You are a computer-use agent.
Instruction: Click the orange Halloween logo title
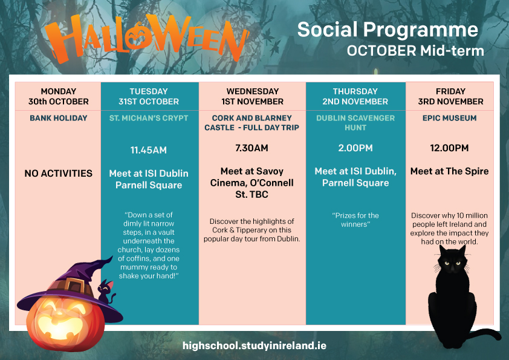pyautogui.click(x=147, y=38)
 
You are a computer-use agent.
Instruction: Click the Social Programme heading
pyautogui.click(x=387, y=30)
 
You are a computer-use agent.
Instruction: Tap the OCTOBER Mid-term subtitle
pyautogui.click(x=415, y=51)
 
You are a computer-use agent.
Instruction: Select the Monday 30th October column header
pyautogui.click(x=59, y=96)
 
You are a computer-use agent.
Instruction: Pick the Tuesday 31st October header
pyautogui.click(x=149, y=96)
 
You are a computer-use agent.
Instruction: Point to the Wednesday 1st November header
pyautogui.click(x=252, y=96)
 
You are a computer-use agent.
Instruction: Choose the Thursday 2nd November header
pyautogui.click(x=355, y=96)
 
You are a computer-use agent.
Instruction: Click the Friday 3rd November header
pyautogui.click(x=450, y=96)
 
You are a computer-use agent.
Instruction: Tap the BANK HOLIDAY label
pyautogui.click(x=59, y=118)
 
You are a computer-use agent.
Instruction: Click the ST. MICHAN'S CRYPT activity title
pyautogui.click(x=149, y=118)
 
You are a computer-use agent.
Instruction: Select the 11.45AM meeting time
pyautogui.click(x=149, y=150)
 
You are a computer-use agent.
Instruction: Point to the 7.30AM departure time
pyautogui.click(x=252, y=148)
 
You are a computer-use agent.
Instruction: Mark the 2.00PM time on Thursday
pyautogui.click(x=355, y=148)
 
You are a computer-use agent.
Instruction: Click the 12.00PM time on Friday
pyautogui.click(x=450, y=148)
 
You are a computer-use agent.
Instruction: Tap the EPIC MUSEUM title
pyautogui.click(x=450, y=118)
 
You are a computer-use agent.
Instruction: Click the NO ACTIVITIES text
pyautogui.click(x=59, y=174)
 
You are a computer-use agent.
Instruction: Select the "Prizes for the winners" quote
pyautogui.click(x=355, y=220)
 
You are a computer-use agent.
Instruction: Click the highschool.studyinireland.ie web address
pyautogui.click(x=254, y=345)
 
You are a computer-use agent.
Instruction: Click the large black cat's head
pyautogui.click(x=453, y=260)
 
